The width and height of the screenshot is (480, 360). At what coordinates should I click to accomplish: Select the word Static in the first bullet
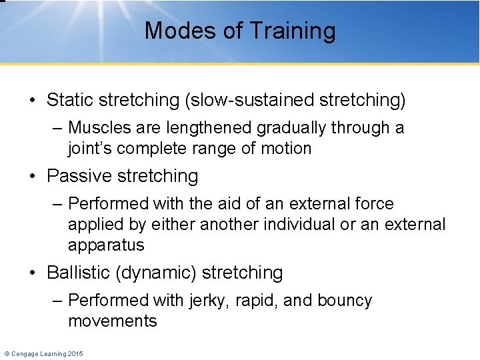(x=70, y=100)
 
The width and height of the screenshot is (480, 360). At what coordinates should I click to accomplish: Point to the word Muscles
(x=98, y=127)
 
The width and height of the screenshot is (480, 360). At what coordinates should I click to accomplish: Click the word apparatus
(x=106, y=245)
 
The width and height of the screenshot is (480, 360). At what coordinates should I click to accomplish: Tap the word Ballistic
(x=77, y=273)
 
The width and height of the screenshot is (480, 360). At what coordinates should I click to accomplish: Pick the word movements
(x=113, y=321)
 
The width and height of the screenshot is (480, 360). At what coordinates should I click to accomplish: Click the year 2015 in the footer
(x=75, y=353)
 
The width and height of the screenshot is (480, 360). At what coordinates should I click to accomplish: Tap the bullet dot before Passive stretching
(x=33, y=177)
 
